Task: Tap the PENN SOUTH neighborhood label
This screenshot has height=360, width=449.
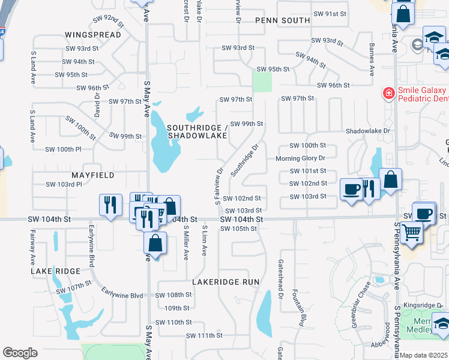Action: click(x=282, y=20)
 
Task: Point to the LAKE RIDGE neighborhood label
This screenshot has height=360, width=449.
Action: click(x=56, y=272)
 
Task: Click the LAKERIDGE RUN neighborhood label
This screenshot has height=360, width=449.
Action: click(x=226, y=281)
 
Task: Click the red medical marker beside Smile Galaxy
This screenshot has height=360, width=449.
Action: click(x=388, y=93)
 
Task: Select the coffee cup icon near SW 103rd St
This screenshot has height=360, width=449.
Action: click(x=351, y=189)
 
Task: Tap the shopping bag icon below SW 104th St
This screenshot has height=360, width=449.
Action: click(x=155, y=243)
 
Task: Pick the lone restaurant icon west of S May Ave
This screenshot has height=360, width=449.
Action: click(x=110, y=205)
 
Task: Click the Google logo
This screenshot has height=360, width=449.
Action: click(x=20, y=352)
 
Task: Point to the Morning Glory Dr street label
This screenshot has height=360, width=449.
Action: click(x=300, y=158)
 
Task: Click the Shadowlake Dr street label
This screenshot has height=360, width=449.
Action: click(x=368, y=131)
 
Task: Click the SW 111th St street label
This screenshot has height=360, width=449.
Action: click(x=204, y=335)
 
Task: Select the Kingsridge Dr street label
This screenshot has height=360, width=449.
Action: click(x=423, y=305)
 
